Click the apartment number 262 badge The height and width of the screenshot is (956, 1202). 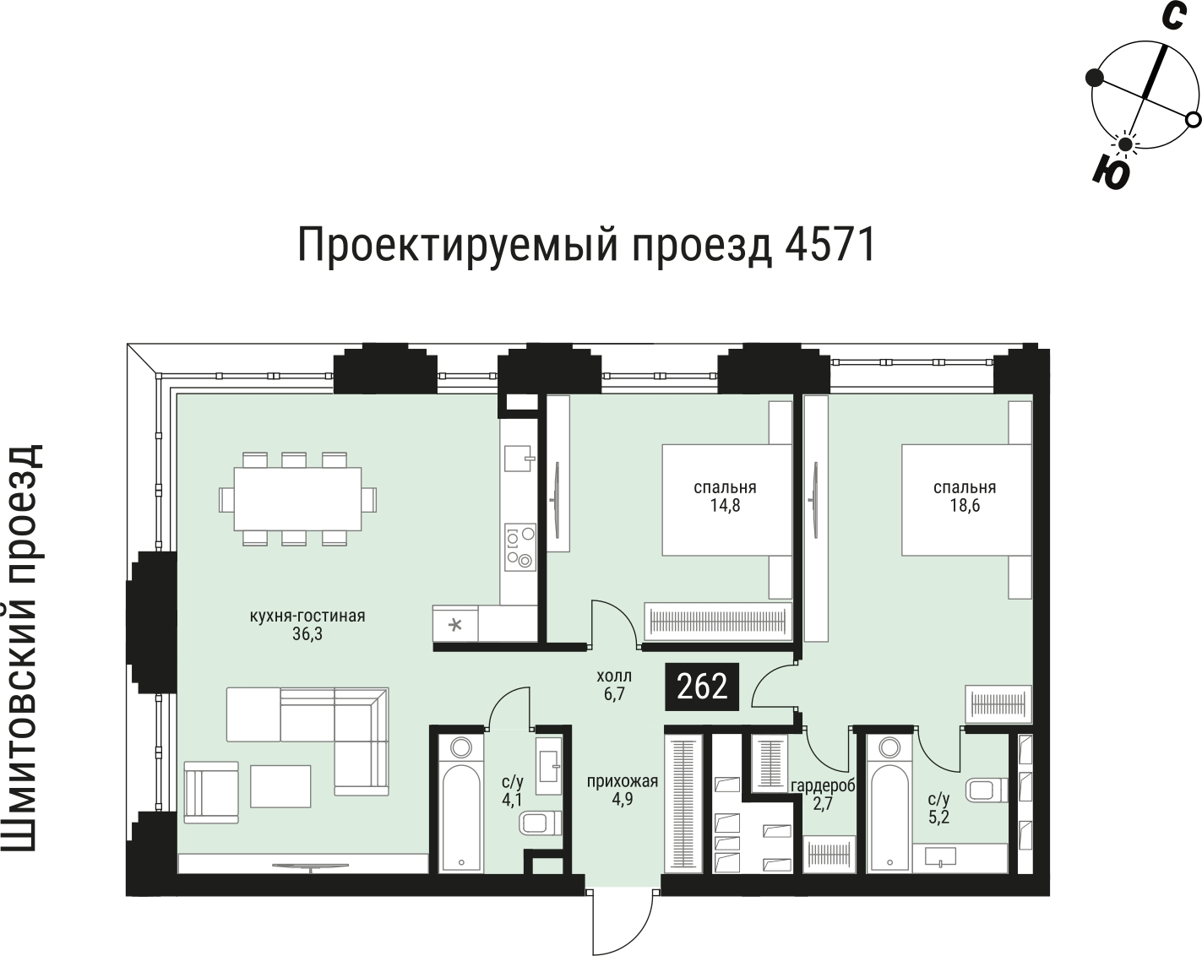coord(703,686)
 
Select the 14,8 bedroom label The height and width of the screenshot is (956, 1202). coord(724,497)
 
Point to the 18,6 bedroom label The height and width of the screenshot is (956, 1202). coord(964,497)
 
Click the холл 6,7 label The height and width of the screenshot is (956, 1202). coord(613,685)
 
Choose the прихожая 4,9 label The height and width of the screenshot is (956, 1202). coord(622,790)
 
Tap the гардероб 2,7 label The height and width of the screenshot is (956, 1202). coord(822,796)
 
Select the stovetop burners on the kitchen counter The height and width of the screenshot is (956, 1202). coord(519,546)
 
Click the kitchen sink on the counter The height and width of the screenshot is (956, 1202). coord(519,457)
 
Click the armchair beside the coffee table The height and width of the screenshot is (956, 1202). coord(212,791)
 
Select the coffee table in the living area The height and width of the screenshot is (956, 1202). coord(280,785)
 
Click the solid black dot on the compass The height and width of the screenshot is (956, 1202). coord(1095,78)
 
